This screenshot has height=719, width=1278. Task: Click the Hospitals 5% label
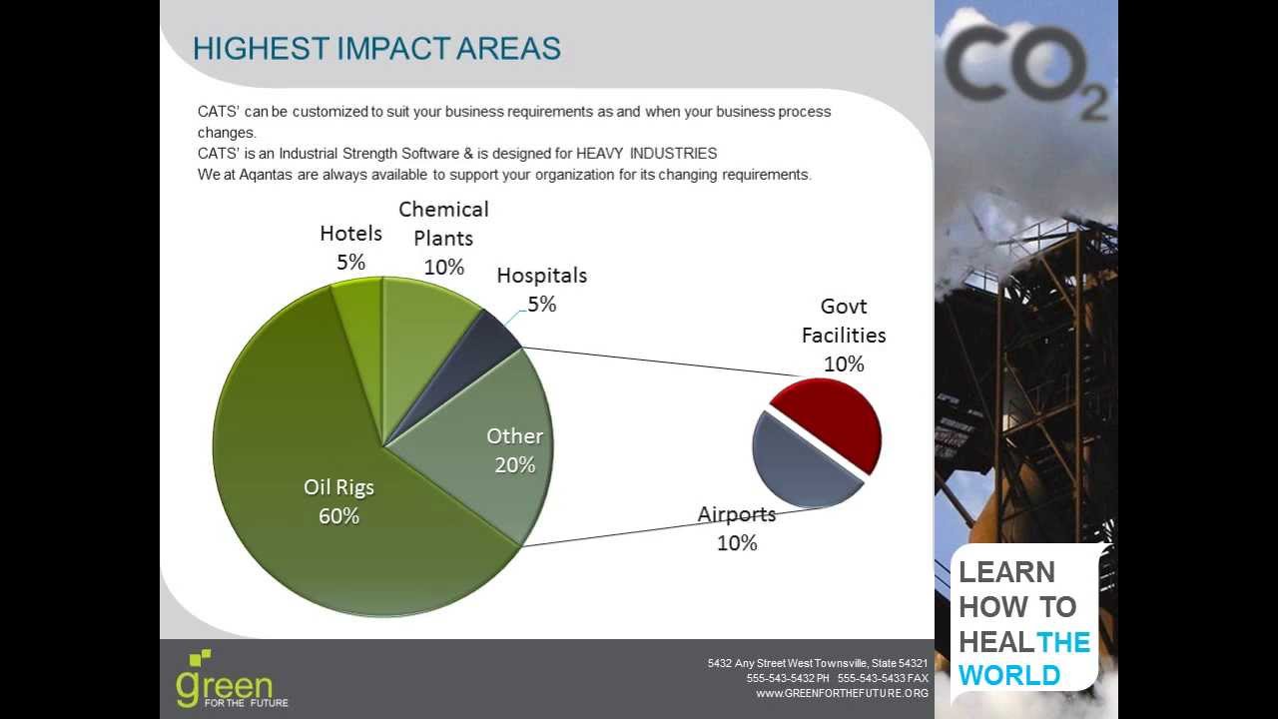coord(542,289)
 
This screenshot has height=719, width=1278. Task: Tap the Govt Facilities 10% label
coord(844,335)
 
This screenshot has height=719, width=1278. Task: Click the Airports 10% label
coord(737,528)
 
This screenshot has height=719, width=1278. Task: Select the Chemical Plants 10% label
coord(443,238)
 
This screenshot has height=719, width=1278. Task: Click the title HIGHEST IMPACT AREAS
coord(376,48)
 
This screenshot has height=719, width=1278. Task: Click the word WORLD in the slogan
coord(1009,675)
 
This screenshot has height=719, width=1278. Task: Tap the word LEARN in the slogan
coord(1006,572)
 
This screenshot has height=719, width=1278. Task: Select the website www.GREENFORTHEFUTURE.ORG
coord(842,693)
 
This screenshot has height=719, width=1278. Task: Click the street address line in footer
coord(817,663)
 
